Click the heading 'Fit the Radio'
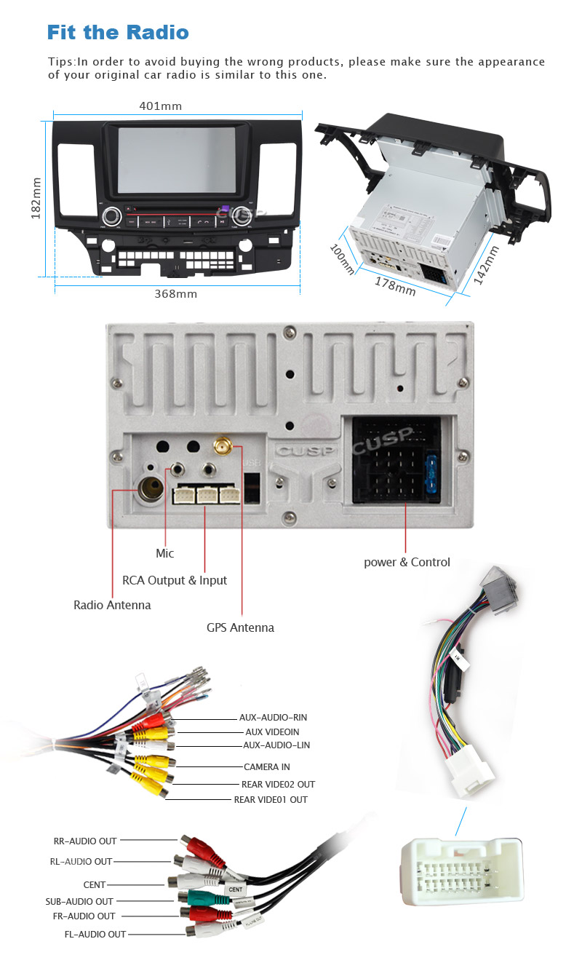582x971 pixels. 117,32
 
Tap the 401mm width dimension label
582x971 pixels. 160,106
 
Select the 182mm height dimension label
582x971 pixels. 36,197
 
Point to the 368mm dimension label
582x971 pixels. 175,294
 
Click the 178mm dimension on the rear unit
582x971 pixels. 395,285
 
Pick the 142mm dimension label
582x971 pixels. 486,265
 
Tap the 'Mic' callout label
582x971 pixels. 165,553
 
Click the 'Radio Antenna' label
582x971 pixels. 112,605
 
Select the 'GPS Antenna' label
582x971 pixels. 240,627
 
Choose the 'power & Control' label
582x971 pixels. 407,562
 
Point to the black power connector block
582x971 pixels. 395,461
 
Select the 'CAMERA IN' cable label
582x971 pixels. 266,766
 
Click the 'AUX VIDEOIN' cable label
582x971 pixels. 271,732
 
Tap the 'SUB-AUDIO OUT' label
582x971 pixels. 79,901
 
